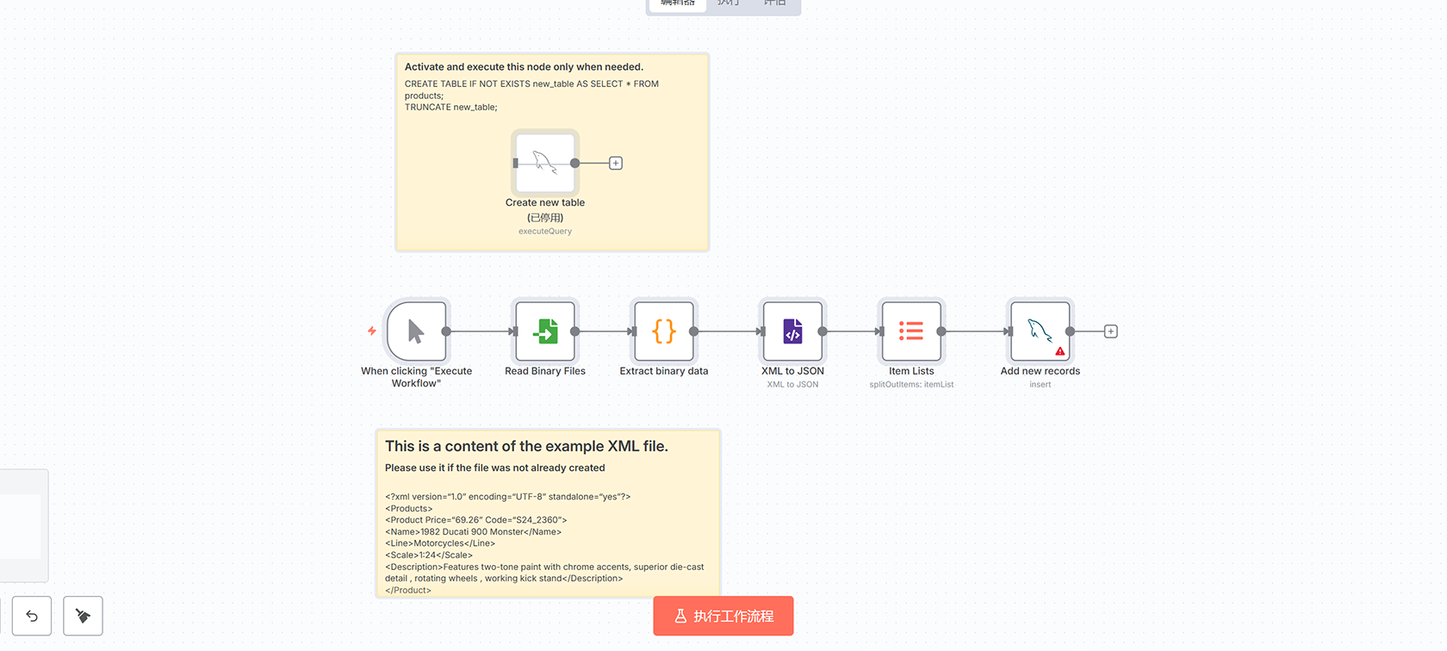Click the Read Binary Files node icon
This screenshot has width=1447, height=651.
pos(544,332)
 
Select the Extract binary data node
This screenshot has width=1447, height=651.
pos(663,332)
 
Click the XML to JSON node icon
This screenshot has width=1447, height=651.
pos(792,332)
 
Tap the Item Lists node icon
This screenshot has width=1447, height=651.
pos(911,332)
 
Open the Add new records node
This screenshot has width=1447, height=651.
pos(1040,332)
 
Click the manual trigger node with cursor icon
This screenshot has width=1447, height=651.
pos(416,332)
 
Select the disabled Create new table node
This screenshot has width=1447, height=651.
pos(544,163)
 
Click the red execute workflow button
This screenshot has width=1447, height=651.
pos(723,616)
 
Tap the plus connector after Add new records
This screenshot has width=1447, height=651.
pos(1110,332)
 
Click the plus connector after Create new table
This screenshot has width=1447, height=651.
pos(615,163)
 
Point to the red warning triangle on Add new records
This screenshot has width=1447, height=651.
pos(1059,351)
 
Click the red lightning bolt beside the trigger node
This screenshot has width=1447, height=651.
pos(371,331)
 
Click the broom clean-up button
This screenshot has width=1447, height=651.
pos(83,616)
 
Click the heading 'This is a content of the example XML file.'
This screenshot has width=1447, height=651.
pos(526,446)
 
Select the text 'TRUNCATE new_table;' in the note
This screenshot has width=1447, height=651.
pos(450,108)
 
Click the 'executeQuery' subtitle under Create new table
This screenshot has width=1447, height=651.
pos(544,232)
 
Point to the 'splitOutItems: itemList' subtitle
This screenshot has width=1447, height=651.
pos(911,385)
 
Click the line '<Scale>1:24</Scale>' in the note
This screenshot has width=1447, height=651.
pos(428,555)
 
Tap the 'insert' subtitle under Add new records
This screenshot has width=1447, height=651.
pos(1040,385)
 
